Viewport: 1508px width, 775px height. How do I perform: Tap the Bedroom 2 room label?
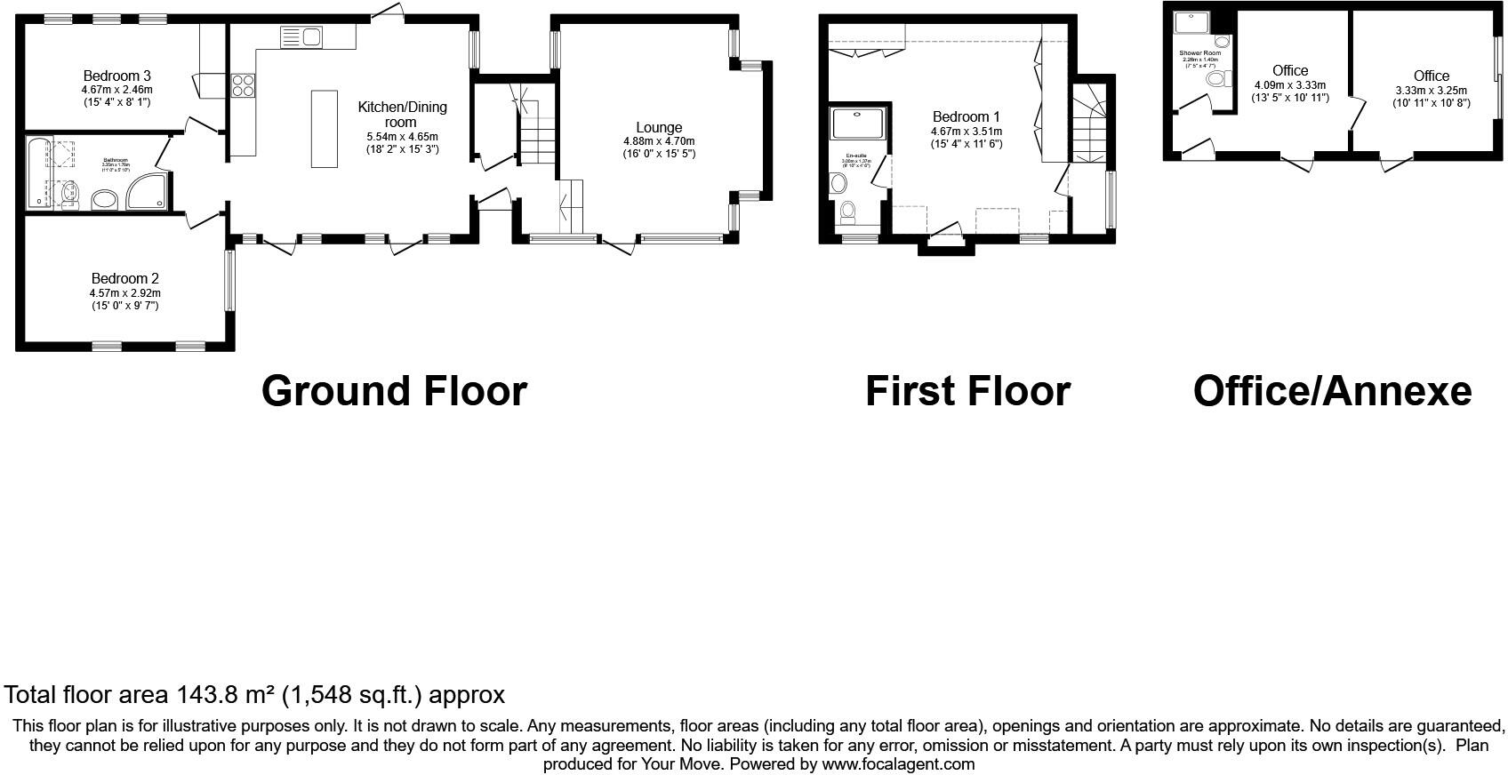point(124,278)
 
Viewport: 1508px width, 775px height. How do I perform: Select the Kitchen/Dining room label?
point(402,114)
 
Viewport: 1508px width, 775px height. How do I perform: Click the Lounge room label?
point(659,127)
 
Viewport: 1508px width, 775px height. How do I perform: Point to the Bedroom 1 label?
point(966,116)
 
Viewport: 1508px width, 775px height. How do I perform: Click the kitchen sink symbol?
point(301,37)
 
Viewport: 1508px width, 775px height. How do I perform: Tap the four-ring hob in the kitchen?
point(243,85)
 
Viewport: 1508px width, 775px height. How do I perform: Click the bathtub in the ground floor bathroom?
point(37,172)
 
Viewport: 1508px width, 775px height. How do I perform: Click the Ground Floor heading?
point(394,391)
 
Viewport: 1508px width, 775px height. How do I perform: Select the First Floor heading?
point(967,391)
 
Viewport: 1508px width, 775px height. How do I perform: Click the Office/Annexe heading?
point(1331,391)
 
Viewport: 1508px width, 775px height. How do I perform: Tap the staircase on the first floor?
point(1089,124)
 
